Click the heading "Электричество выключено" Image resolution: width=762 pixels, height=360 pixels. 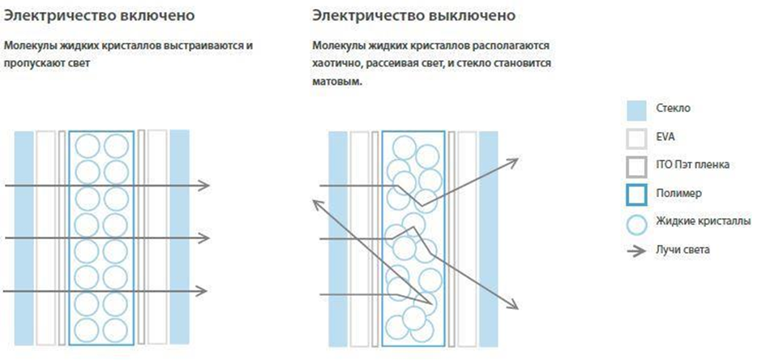(x=413, y=15)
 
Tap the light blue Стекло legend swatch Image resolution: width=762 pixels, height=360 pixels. (x=636, y=109)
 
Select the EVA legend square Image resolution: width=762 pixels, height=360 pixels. (x=636, y=139)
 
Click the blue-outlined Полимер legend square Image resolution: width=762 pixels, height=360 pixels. (x=636, y=195)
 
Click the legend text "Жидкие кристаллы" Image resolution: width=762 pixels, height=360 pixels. (x=702, y=222)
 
